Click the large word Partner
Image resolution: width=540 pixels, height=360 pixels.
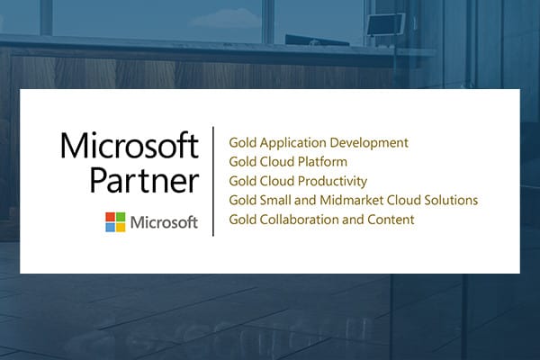(x=144, y=180)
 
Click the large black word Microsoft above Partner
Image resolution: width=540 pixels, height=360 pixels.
(x=130, y=146)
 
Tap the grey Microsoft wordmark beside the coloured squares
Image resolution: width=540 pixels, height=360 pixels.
(x=164, y=222)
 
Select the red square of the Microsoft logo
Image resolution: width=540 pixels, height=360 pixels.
(x=110, y=217)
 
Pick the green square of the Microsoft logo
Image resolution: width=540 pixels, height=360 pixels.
(x=121, y=217)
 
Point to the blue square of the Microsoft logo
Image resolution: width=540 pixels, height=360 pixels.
(x=110, y=228)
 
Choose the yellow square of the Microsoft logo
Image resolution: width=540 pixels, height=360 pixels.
(x=121, y=228)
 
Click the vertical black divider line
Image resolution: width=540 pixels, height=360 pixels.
(x=213, y=181)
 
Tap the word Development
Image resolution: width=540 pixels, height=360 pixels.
(x=369, y=143)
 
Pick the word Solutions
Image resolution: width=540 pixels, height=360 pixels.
(x=451, y=200)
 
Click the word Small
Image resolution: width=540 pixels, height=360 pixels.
(x=275, y=200)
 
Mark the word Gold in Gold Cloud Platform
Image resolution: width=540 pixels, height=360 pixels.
(x=242, y=162)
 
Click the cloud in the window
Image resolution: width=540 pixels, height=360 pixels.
(x=226, y=18)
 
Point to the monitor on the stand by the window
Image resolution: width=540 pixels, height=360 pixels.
(x=385, y=24)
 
